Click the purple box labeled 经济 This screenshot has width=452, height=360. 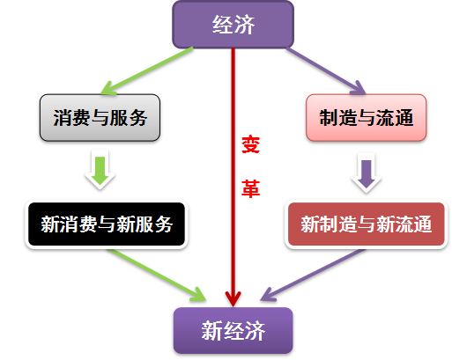233,25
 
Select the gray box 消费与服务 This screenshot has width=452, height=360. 100,118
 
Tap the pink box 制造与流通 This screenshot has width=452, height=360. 367,118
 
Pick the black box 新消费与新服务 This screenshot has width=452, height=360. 107,224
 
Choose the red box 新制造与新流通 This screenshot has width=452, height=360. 367,224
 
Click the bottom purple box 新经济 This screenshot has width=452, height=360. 233,331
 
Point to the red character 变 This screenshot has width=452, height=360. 250,144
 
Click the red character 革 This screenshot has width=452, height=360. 250,188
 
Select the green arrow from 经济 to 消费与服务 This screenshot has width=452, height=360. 147,71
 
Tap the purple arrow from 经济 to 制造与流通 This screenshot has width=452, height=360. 326,71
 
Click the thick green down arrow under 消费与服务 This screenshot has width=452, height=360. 100,170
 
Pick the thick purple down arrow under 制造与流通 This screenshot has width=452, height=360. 367,173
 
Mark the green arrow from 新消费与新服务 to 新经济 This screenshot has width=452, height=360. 157,276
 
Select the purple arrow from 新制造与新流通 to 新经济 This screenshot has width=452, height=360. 313,275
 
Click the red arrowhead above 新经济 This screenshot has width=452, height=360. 233,298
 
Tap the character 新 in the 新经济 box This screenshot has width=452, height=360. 211,331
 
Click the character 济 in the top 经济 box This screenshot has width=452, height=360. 244,25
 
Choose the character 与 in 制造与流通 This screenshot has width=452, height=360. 367,118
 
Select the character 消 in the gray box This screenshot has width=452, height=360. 63,118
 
